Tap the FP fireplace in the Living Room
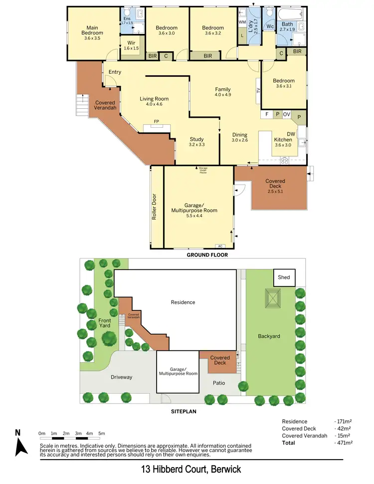156,122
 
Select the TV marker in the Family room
258,91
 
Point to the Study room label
197,142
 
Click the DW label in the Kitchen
291,134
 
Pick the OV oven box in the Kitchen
287,114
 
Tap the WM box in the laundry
242,22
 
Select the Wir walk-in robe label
132,45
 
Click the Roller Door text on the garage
155,207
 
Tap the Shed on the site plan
284,277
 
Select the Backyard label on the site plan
269,336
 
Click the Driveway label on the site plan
122,377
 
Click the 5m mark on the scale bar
102,433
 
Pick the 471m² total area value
344,443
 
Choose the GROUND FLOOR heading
207,255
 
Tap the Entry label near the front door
115,72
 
